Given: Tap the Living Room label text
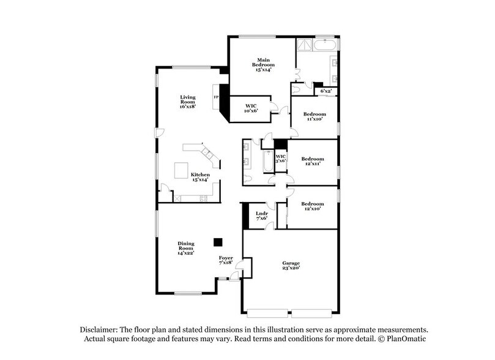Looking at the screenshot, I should tap(187, 102).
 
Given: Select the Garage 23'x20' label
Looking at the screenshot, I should tap(291, 265).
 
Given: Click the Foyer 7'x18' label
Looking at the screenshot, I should tap(226, 260).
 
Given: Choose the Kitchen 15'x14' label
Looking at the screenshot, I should tap(199, 177).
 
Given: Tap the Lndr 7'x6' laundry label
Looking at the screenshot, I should tap(261, 216).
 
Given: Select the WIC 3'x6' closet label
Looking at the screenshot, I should tap(280, 158).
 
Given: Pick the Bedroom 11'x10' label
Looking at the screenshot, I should tap(315, 116).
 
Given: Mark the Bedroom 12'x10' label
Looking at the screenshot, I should tap(312, 206).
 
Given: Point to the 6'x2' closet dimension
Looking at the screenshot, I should tap(326, 91).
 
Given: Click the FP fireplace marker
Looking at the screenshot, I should tap(215, 97).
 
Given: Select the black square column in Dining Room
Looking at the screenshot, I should tap(218, 242).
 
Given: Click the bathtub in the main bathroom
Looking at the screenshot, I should tap(324, 45).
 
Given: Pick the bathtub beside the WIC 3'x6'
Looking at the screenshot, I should tap(267, 162).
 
